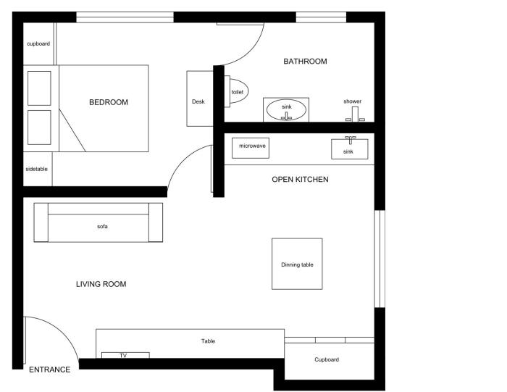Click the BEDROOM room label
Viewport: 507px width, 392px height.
109,102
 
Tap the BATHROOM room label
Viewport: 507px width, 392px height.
305,61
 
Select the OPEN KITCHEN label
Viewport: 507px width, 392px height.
300,179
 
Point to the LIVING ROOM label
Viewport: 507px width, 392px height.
101,284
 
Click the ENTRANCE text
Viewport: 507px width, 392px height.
49,370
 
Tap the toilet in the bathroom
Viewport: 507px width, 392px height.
236,91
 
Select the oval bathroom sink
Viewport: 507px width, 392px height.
286,109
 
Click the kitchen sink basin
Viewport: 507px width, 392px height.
350,149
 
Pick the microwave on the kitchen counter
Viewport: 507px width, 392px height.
251,148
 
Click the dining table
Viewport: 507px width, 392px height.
297,264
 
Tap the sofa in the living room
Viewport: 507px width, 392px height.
99,222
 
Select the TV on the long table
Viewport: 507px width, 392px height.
125,356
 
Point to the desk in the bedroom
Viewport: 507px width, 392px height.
200,99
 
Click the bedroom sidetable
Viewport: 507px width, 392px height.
38,169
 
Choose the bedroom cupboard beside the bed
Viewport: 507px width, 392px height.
38,43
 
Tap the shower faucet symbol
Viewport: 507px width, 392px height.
355,114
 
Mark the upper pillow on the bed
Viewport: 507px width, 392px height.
39,88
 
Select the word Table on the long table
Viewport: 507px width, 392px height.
208,341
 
